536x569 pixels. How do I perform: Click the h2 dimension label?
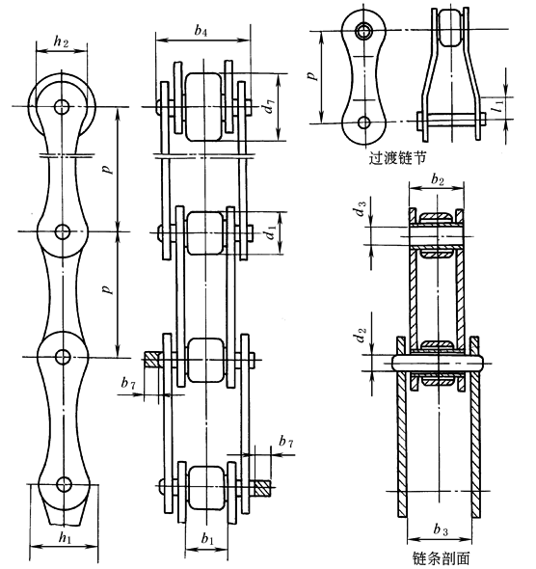(x=61, y=41)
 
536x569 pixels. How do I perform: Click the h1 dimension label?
(x=66, y=537)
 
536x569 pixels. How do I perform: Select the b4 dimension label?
(x=201, y=31)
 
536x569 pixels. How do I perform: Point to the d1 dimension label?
(x=270, y=232)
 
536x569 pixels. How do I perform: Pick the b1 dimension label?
(x=207, y=539)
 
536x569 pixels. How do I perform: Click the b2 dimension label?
(x=438, y=179)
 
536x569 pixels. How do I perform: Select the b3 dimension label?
(x=441, y=529)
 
